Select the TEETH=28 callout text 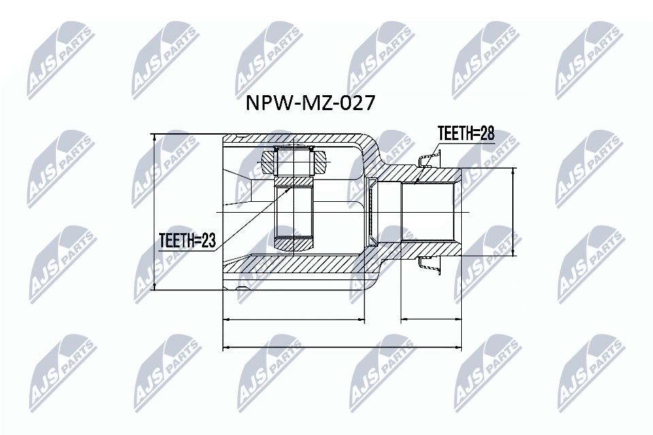[x=465, y=133]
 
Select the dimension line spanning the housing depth [x=294, y=319]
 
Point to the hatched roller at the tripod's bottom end [x=293, y=242]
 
